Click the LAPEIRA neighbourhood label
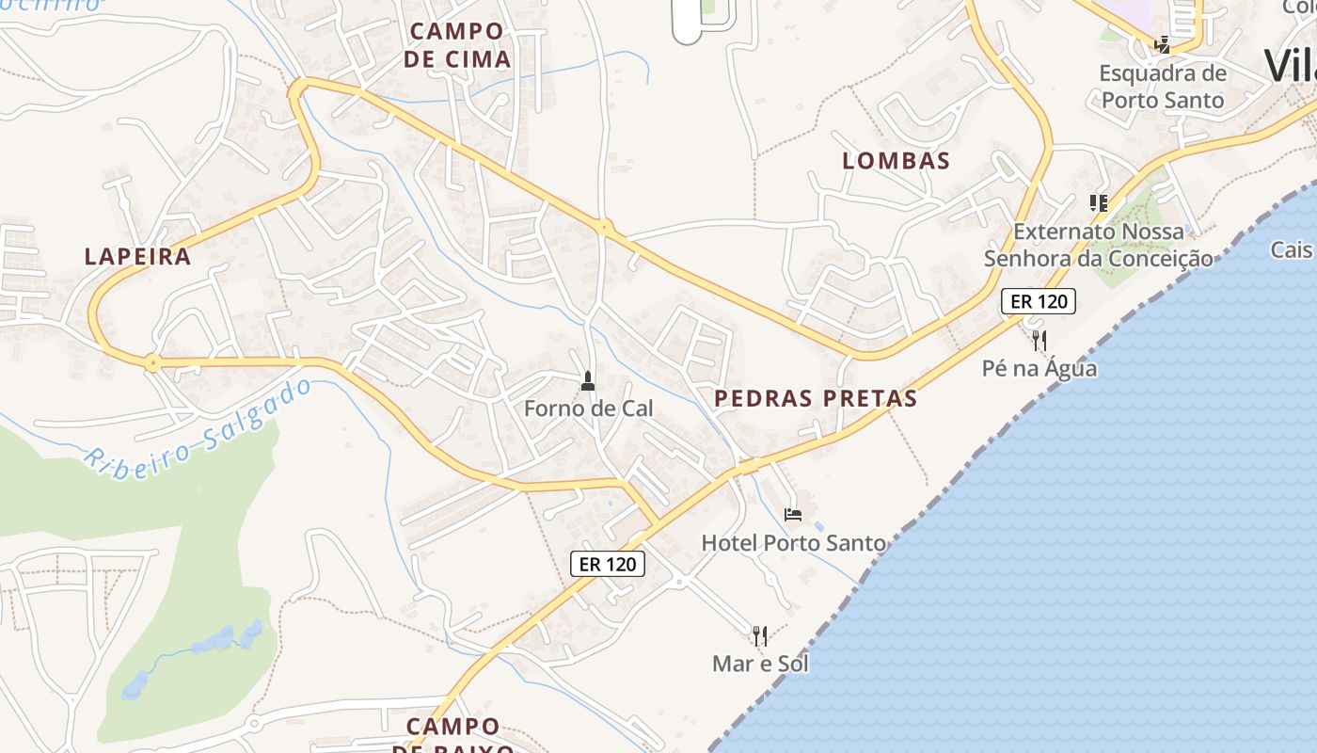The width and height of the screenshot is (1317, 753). point(137,256)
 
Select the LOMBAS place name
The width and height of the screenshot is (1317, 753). point(896,161)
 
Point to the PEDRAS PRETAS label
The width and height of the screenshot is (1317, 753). point(816,398)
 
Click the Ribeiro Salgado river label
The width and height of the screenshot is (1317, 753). point(198,426)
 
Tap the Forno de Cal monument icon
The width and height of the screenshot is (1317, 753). point(588,381)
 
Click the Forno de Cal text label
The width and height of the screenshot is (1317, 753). point(588,409)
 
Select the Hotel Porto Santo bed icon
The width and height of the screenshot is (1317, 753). point(793,515)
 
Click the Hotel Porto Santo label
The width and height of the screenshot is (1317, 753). point(794,543)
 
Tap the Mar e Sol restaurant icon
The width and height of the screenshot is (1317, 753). point(760,636)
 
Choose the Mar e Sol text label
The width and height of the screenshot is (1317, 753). point(760,664)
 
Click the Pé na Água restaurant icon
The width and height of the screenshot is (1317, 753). point(1039,340)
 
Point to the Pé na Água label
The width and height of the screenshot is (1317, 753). point(1039,368)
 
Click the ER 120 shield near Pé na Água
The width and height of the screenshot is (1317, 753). point(1038,301)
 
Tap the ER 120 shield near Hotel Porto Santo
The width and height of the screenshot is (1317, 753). point(608,564)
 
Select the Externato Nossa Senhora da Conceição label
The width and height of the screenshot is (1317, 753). point(1099,245)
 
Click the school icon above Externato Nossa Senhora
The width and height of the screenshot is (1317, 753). point(1098,202)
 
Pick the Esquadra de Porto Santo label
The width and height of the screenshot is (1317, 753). point(1163,87)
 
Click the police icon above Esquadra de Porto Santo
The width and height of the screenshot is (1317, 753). point(1164,43)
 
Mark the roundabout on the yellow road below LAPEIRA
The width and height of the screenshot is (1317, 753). point(151,362)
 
